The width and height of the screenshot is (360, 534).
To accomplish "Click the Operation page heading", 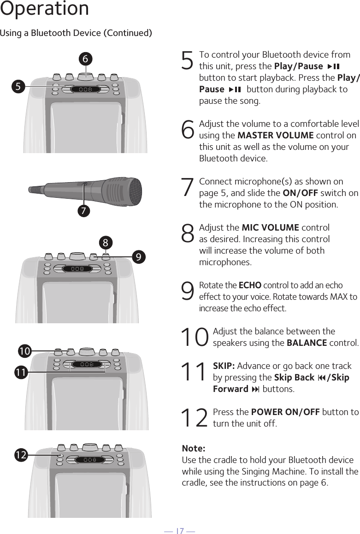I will click(44, 9).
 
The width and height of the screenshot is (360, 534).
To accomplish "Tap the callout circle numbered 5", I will click(18, 86).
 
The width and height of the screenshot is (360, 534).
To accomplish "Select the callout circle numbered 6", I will click(85, 59).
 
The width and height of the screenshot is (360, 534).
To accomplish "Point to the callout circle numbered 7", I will click(83, 211).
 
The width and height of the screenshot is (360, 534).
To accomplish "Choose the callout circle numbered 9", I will click(138, 256).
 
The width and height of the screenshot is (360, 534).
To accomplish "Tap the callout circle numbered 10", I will click(24, 351).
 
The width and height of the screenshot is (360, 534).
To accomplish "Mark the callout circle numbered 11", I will click(20, 371).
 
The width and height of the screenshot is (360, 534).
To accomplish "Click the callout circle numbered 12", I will click(20, 455).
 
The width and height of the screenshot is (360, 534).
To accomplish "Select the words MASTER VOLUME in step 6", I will click(275, 135).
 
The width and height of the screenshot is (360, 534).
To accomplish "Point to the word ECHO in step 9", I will click(250, 285).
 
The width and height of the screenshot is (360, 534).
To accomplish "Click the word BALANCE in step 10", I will click(307, 343).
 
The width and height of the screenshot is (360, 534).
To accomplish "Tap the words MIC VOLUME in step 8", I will click(270, 228).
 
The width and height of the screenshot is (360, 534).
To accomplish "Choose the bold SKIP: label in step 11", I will click(224, 366).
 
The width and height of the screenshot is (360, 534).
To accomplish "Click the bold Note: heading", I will click(194, 449).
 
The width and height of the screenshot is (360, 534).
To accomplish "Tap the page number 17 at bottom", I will click(180, 531).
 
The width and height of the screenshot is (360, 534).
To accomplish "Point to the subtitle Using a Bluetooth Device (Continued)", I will click(76, 33).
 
